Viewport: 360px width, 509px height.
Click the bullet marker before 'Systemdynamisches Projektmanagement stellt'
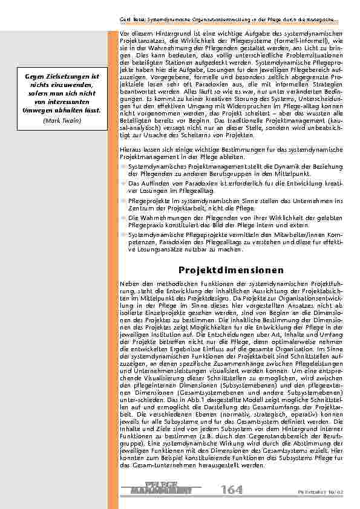click(124, 164)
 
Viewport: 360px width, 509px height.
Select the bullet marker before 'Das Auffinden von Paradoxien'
click(124, 182)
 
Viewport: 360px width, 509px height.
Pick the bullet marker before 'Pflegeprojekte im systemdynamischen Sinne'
click(124, 199)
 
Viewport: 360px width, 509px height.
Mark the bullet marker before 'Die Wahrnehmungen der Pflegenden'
click(124, 216)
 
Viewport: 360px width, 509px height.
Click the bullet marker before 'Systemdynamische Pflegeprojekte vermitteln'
click(124, 233)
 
